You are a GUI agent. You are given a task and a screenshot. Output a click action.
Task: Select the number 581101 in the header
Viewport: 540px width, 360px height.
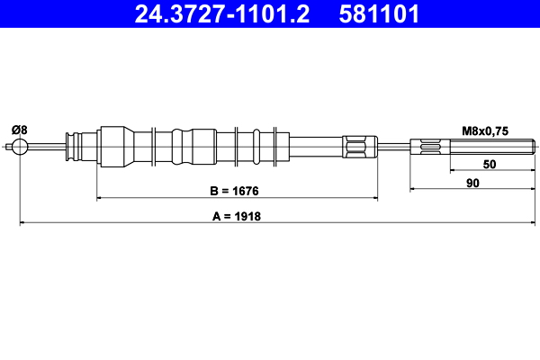pyautogui.click(x=376, y=15)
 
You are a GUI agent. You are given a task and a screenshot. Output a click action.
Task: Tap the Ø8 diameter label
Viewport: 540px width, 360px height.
pyautogui.click(x=19, y=130)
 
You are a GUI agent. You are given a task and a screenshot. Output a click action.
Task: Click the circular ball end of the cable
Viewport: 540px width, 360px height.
pyautogui.click(x=19, y=147)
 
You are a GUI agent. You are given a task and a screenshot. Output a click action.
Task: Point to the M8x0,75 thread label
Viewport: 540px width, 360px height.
pyautogui.click(x=485, y=130)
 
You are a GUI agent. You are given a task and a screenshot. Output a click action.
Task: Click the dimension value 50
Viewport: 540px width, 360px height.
pyautogui.click(x=490, y=165)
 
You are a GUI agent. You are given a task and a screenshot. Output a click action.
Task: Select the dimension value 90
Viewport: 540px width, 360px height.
pyautogui.click(x=472, y=183)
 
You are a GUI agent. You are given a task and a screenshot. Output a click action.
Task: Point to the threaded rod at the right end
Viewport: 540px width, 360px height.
pyautogui.click(x=472, y=147)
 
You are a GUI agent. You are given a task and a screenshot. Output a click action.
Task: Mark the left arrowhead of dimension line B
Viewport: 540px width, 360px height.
pyautogui.click(x=99, y=197)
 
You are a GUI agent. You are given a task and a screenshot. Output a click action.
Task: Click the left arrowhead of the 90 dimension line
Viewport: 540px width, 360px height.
pyautogui.click(x=413, y=190)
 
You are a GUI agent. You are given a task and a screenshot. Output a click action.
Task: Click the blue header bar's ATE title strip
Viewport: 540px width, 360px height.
pyautogui.click(x=270, y=15)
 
